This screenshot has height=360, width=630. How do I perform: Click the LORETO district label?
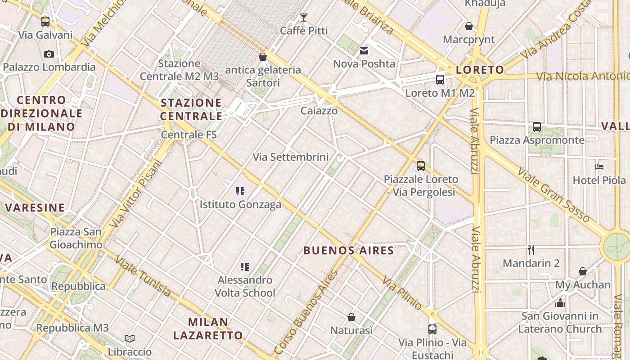tap(480, 70)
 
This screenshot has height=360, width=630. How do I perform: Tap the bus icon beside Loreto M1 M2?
tap(440, 80)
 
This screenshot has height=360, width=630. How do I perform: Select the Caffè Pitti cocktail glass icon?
tap(304, 18)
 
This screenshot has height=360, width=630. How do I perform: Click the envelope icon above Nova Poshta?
tap(364, 51)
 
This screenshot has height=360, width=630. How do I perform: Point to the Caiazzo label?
tap(319, 111)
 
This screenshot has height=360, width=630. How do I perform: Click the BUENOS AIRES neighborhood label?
tap(349, 251)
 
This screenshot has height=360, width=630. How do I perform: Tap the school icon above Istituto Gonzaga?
tap(240, 191)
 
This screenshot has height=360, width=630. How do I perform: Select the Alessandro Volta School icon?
tap(245, 267)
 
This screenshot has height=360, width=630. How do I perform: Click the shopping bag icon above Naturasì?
tap(351, 317)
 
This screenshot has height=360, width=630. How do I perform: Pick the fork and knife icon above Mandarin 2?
tap(531, 250)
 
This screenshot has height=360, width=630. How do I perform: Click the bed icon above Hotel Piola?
tap(599, 167)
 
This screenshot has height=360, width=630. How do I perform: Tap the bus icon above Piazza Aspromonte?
tap(537, 127)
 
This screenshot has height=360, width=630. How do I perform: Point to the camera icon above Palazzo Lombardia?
tap(49, 54)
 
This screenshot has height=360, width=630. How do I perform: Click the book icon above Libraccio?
tap(130, 338)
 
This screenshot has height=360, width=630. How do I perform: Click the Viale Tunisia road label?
tap(143, 276)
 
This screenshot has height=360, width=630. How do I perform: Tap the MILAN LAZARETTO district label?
tap(208, 328)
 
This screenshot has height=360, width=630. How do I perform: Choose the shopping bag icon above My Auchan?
tap(583, 271)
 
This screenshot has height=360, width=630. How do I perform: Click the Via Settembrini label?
tap(291, 157)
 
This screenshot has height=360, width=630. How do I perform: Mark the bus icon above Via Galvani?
tap(45, 21)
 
